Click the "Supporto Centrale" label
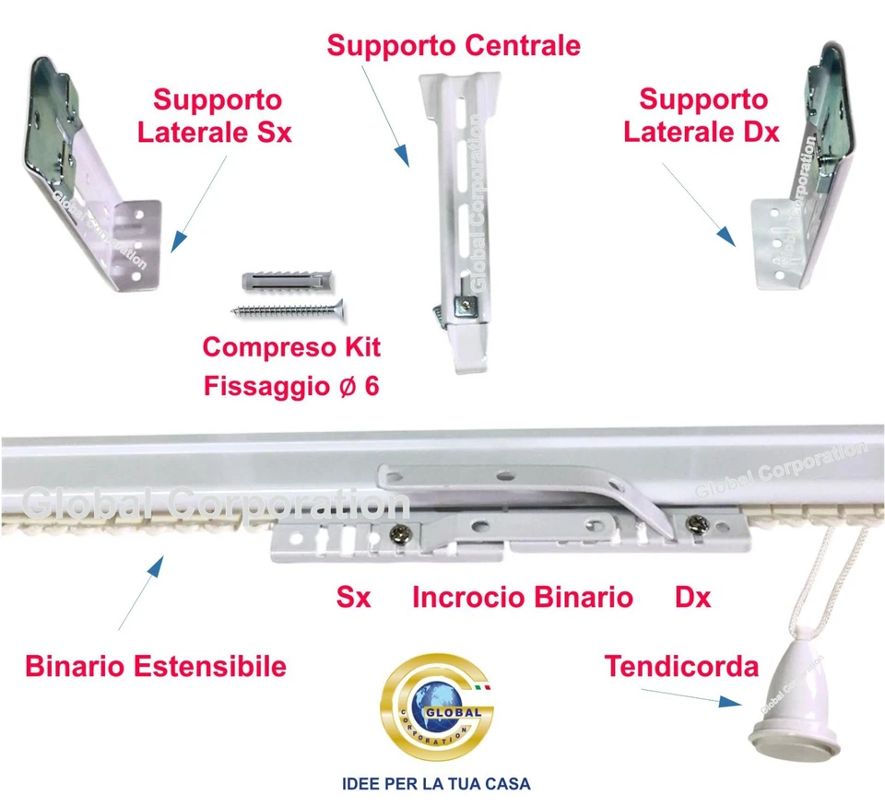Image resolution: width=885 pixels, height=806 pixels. [x=454, y=45]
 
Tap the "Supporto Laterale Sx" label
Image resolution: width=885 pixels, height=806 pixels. [x=216, y=115]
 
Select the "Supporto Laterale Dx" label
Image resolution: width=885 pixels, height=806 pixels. [x=702, y=115]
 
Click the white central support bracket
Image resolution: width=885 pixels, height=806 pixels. [x=456, y=221]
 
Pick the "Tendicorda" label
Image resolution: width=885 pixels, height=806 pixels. [x=681, y=666]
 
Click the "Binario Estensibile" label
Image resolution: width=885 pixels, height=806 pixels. [x=156, y=666]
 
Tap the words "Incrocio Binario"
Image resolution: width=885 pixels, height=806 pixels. [x=522, y=598]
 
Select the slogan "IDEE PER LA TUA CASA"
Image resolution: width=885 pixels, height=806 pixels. [x=437, y=785]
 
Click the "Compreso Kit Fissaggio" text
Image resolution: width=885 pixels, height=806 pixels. [x=291, y=366]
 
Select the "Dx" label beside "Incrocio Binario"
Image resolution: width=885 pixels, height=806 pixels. [x=693, y=598]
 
